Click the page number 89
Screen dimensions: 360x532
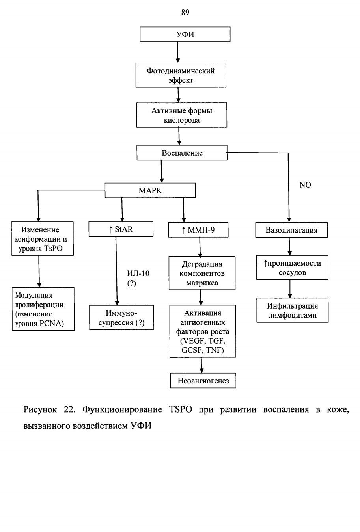click(185, 13)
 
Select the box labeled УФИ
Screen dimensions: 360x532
click(185, 34)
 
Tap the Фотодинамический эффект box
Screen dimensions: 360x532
click(181, 75)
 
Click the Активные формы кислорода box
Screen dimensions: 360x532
click(181, 115)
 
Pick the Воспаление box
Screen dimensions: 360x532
click(182, 153)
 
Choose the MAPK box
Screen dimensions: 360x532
click(150, 190)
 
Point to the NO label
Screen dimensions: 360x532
click(305, 185)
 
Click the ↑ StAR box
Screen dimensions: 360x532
click(121, 229)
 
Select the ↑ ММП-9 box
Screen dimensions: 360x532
click(198, 230)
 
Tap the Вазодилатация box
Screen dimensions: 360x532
click(291, 230)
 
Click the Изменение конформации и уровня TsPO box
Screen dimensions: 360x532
click(43, 239)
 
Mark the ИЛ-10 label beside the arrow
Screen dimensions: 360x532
click(138, 273)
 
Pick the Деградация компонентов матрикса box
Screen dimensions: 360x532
click(202, 273)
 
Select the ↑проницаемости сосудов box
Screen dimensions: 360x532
click(292, 268)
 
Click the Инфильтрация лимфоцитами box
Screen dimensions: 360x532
click(293, 310)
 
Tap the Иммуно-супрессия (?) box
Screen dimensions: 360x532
click(121, 318)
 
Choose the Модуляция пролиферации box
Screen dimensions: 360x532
click(43, 309)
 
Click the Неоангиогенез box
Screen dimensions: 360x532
click(203, 380)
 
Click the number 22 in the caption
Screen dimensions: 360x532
click(69, 410)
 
